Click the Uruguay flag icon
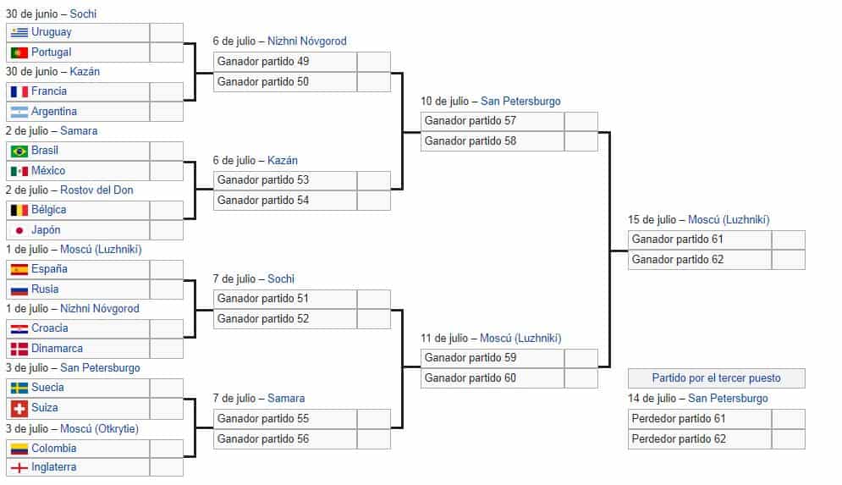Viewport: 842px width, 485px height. pos(19,32)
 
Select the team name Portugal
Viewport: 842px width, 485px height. pos(51,52)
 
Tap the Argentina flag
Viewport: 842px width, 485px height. pos(19,112)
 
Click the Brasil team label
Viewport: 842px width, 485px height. pos(45,151)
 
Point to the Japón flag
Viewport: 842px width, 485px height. pos(19,230)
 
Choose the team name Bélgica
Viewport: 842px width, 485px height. pos(49,209)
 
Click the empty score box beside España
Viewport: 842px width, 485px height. pos(167,270)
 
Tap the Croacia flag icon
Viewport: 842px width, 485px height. pos(19,328)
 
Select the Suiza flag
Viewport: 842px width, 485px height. pos(19,408)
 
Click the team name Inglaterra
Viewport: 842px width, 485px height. pos(53,466)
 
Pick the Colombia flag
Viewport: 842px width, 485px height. pos(19,449)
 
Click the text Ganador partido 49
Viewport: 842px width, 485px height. pos(263,61)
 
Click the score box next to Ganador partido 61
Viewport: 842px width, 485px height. pos(789,240)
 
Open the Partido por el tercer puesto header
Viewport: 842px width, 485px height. pos(717,378)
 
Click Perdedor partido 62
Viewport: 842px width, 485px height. pos(679,438)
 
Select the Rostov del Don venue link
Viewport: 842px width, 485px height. pos(96,190)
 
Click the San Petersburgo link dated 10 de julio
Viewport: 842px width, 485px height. pos(520,101)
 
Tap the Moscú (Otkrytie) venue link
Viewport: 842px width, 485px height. pos(99,428)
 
